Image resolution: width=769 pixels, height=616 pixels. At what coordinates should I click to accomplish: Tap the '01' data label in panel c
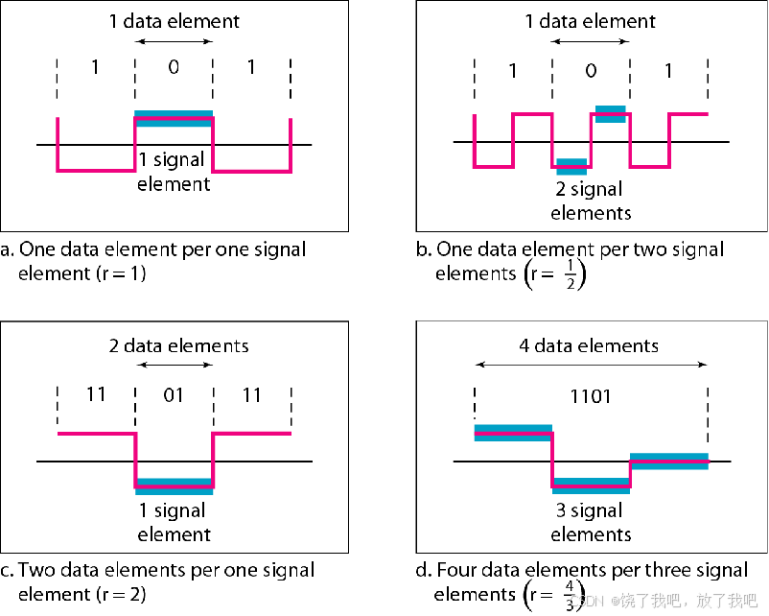[174, 395]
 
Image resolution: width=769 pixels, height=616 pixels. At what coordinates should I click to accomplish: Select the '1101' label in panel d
[591, 396]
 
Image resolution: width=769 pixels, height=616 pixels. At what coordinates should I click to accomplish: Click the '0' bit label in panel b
[591, 71]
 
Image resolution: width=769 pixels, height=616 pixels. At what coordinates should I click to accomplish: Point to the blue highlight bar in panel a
[174, 119]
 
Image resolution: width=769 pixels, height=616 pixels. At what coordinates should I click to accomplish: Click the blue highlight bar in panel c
[174, 486]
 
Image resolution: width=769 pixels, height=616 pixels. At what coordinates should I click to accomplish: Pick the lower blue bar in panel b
[571, 166]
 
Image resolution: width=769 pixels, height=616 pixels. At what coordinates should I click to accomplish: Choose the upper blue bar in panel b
[611, 113]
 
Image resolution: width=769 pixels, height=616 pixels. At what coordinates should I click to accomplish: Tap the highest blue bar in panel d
[513, 433]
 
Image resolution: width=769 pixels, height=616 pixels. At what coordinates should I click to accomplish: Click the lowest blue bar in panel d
[591, 486]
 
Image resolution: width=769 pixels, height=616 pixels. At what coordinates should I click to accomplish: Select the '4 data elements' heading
[590, 345]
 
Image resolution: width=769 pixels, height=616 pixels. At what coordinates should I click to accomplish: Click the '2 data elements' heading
[179, 345]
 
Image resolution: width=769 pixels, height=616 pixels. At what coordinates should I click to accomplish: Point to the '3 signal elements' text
[591, 522]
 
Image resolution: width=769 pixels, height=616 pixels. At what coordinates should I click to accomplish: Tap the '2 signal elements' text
[591, 200]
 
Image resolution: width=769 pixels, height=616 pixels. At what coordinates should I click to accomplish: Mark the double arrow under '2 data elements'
[174, 365]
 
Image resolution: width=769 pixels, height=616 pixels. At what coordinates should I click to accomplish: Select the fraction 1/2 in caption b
[570, 274]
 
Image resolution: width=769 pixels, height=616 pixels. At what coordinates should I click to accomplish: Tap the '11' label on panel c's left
[96, 395]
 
